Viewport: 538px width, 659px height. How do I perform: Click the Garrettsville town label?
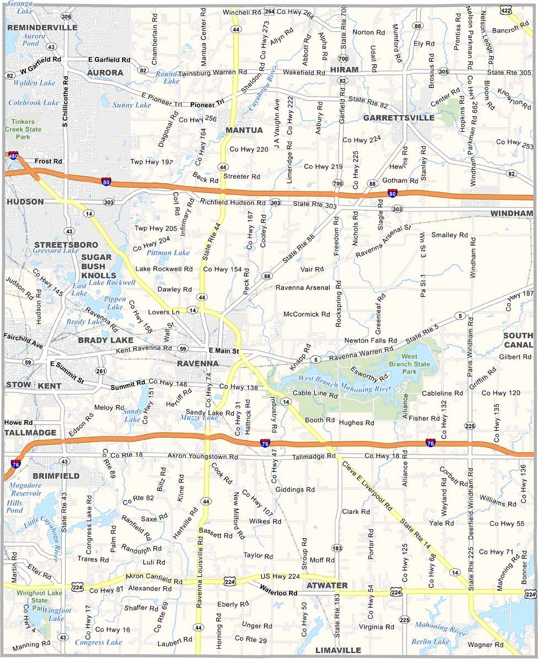(x=399, y=118)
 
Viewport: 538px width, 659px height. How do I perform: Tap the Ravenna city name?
(x=197, y=364)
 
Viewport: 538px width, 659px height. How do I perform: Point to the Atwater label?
(x=327, y=585)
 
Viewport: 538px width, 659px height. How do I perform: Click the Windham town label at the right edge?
(x=512, y=213)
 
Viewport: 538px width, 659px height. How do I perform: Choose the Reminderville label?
(x=42, y=27)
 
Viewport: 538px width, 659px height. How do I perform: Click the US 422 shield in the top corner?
(x=505, y=10)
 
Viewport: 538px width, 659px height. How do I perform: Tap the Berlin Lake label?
(x=431, y=641)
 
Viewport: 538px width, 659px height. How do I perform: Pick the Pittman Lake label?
(x=168, y=252)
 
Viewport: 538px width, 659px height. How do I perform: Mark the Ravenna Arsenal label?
(x=303, y=288)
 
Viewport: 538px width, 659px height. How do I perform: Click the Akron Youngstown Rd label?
(x=205, y=458)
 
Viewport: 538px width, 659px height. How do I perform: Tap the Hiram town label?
(x=345, y=70)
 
